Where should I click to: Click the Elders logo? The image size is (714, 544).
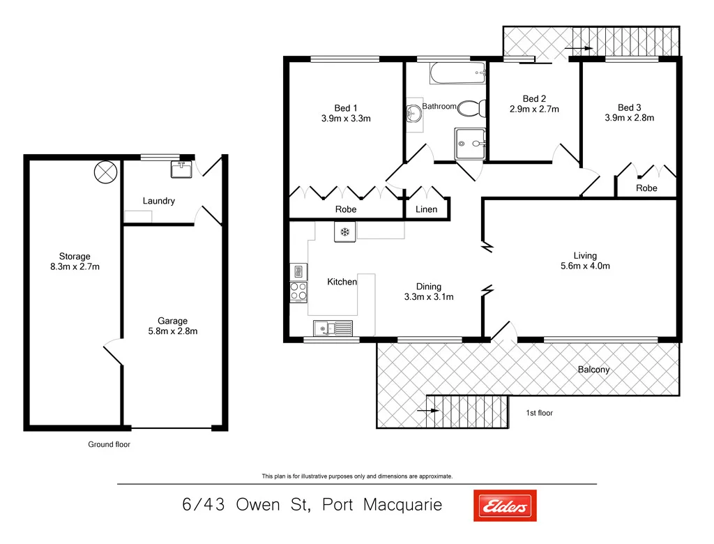(505, 505)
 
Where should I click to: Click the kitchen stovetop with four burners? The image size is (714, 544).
(298, 292)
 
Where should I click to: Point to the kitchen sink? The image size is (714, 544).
(333, 327)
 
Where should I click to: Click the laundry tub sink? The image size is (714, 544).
(182, 168)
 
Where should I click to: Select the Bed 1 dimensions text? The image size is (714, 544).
(345, 119)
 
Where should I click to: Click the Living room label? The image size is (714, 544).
(585, 255)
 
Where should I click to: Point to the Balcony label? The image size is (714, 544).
(593, 369)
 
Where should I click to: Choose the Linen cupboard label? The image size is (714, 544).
(426, 209)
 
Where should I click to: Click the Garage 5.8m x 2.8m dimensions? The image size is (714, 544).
(172, 331)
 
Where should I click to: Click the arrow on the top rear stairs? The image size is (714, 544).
(579, 49)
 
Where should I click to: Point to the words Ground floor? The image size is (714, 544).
(109, 444)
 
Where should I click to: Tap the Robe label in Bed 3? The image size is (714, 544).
(646, 188)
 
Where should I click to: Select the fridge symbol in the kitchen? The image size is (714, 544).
(344, 232)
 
